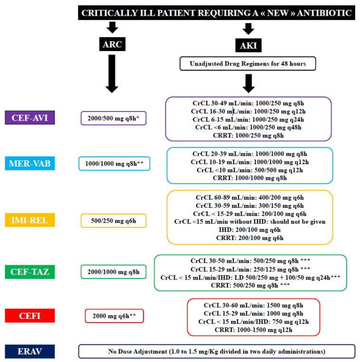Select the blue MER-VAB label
click(x=30, y=164)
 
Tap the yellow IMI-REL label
click(x=30, y=220)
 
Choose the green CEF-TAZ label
click(x=30, y=271)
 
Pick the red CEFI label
click(x=30, y=315)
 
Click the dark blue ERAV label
click(x=30, y=351)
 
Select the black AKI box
click(x=247, y=46)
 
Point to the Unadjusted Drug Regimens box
click(x=247, y=64)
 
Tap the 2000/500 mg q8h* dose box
click(x=114, y=118)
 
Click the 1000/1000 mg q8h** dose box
click(x=114, y=164)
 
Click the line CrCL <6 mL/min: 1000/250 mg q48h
click(x=248, y=127)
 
